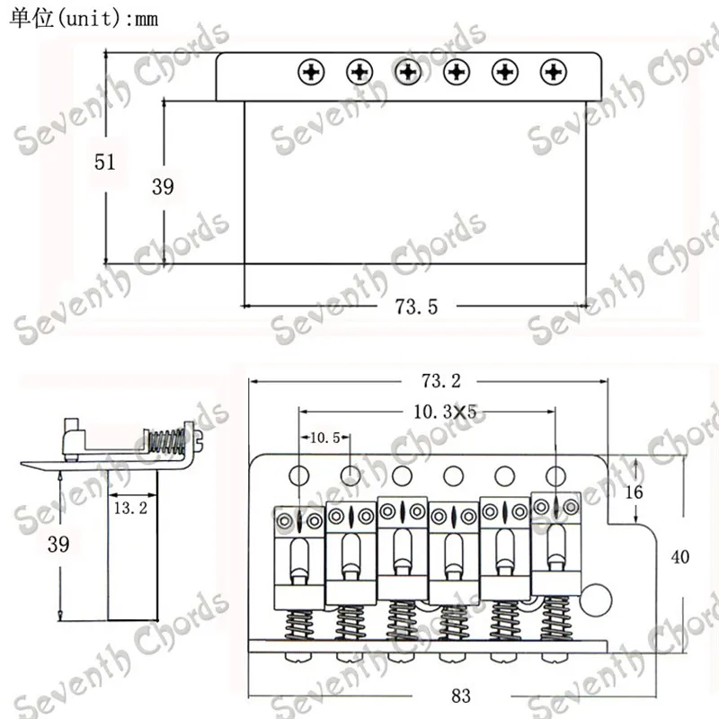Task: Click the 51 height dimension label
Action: [104, 162]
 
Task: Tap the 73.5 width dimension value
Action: [416, 306]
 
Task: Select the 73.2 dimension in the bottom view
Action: [440, 380]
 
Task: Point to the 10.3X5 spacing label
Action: [445, 412]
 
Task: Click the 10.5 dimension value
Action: [325, 438]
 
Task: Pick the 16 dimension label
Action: [635, 492]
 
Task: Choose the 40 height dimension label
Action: [679, 556]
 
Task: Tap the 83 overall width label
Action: [460, 696]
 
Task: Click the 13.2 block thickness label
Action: [130, 508]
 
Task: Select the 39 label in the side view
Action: [58, 545]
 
